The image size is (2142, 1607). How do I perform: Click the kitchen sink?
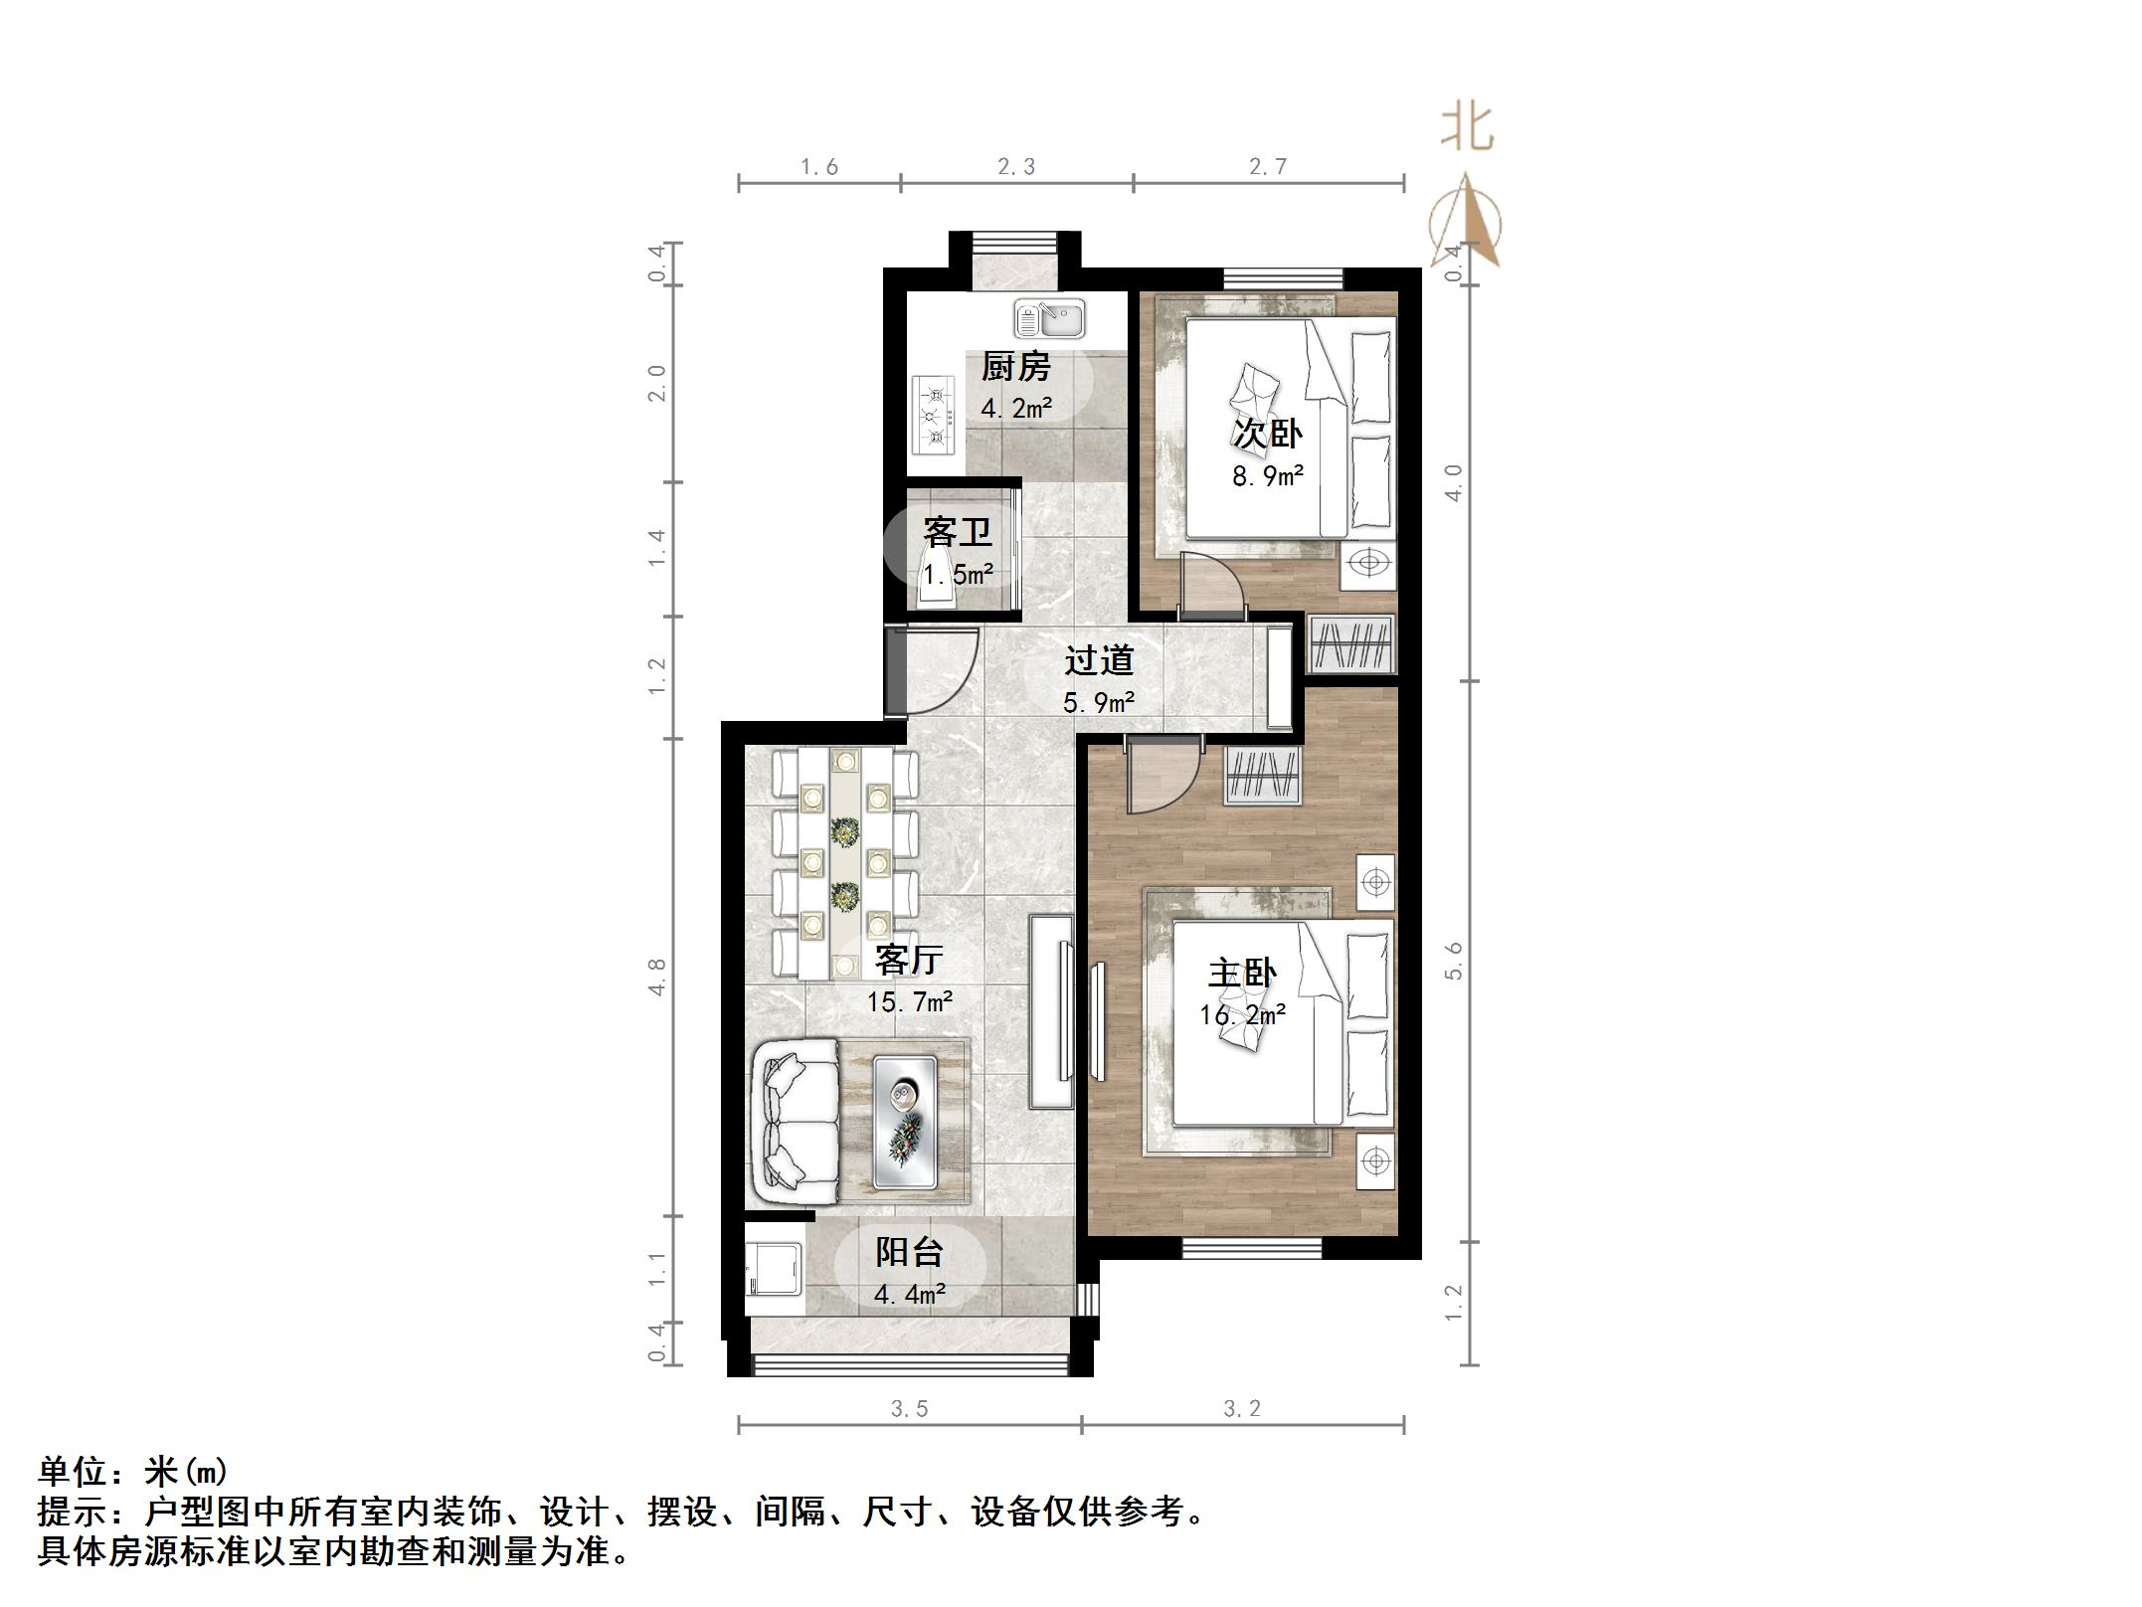1050,319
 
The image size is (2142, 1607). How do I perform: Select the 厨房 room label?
1015,367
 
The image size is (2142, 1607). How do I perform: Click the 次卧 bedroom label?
1268,434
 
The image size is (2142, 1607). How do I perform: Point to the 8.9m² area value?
1268,476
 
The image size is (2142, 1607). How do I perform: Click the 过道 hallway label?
1099,660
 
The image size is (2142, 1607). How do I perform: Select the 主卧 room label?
1242,973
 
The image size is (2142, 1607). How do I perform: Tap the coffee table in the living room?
905,1122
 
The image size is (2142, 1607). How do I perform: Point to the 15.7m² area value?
909,1001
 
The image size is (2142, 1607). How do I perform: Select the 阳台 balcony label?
909,1252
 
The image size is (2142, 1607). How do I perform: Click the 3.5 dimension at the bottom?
909,1408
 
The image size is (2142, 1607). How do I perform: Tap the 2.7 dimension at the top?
1268,167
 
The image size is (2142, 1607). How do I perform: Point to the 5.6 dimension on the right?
1454,961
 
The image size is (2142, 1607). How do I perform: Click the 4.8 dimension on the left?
656,977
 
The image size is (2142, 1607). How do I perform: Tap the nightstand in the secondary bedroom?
1368,564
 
